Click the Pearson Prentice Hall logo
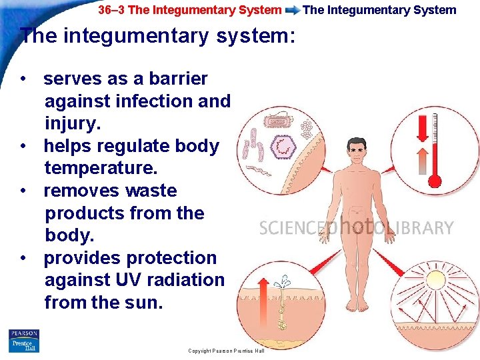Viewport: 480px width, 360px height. (x=23, y=341)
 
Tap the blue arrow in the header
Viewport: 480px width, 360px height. (x=292, y=10)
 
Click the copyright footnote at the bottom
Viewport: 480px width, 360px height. (x=226, y=351)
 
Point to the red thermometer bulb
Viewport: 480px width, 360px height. (x=435, y=180)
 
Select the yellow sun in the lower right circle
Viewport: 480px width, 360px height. (x=438, y=283)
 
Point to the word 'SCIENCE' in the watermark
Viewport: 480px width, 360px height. (x=289, y=229)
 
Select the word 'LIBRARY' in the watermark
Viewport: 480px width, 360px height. (x=421, y=228)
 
